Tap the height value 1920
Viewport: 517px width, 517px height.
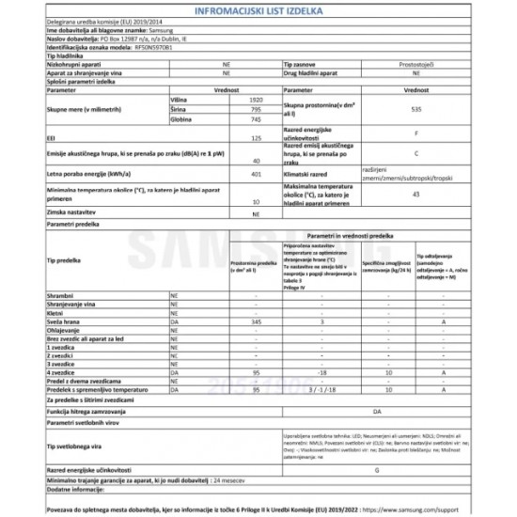pyautogui.click(x=243, y=98)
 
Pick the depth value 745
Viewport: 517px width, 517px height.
pyautogui.click(x=243, y=119)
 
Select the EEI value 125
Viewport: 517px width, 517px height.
pyautogui.click(x=243, y=139)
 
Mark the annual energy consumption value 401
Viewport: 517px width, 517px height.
pyautogui.click(x=243, y=173)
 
